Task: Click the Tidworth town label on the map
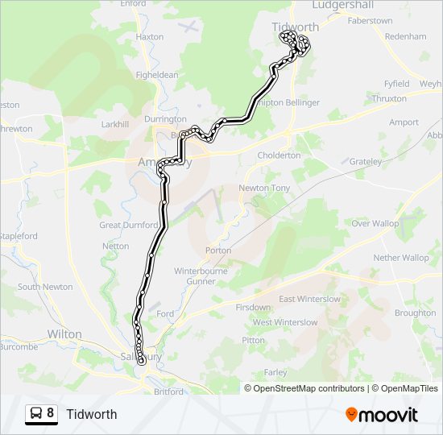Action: coord(296,27)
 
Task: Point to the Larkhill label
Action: coord(114,125)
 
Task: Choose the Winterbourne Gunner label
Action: coord(201,275)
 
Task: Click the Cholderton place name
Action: coord(279,155)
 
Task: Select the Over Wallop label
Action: coord(375,223)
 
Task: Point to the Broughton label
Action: coord(416,313)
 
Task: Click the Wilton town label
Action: coord(64,333)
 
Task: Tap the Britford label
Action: coord(168,391)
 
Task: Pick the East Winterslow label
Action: coord(309,299)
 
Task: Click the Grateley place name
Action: coord(366,161)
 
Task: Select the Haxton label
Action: coord(150,37)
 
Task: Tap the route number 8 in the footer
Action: coord(51,414)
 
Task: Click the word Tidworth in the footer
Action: coord(92,414)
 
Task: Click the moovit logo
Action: coord(382,415)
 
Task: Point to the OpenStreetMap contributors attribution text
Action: coord(308,388)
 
